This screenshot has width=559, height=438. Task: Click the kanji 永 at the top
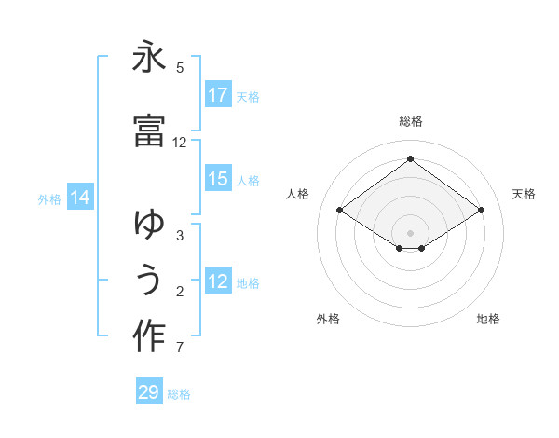click(x=149, y=58)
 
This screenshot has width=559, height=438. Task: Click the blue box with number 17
click(x=218, y=95)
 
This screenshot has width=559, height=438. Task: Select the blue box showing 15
click(x=218, y=180)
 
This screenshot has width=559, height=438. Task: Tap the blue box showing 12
click(x=218, y=282)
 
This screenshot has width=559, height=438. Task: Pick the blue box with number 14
click(x=79, y=198)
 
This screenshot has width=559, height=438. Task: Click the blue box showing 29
click(x=149, y=392)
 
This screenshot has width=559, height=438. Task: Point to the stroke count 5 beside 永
click(x=180, y=68)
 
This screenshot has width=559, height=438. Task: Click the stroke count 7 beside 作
click(x=180, y=349)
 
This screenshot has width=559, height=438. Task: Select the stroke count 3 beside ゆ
click(x=180, y=236)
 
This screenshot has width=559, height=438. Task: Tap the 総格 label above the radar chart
click(x=410, y=121)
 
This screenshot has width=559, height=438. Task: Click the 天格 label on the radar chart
click(x=524, y=194)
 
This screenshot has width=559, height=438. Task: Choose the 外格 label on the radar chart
click(x=328, y=319)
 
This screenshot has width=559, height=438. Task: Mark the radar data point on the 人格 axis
click(x=340, y=211)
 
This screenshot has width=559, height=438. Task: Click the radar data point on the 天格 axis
click(x=481, y=211)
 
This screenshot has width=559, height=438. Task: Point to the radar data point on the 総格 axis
click(x=410, y=158)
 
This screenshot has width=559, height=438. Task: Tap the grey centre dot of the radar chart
click(x=410, y=232)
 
